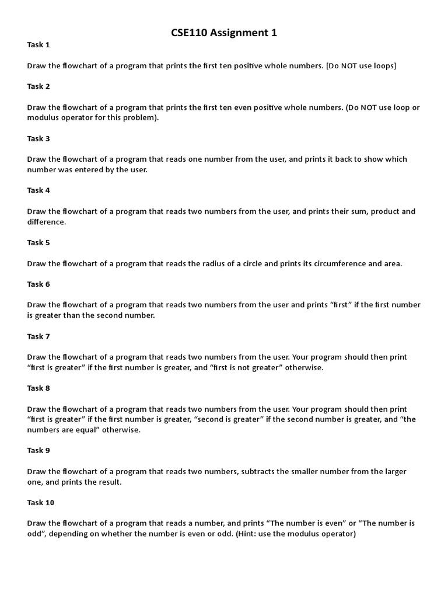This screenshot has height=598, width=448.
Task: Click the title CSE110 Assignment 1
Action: click(224, 33)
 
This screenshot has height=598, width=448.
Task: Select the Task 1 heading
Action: click(38, 44)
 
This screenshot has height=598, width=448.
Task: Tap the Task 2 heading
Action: click(38, 86)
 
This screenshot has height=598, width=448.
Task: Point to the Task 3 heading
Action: click(38, 138)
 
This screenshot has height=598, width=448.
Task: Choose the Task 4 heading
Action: click(38, 190)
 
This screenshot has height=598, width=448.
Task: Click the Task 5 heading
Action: click(38, 242)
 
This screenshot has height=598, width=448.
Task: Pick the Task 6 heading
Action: click(38, 284)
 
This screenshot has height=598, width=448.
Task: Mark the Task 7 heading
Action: click(38, 336)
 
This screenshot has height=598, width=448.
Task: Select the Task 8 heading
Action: click(38, 388)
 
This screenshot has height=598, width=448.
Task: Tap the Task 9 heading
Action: click(38, 450)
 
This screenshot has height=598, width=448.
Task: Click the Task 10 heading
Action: click(41, 502)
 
